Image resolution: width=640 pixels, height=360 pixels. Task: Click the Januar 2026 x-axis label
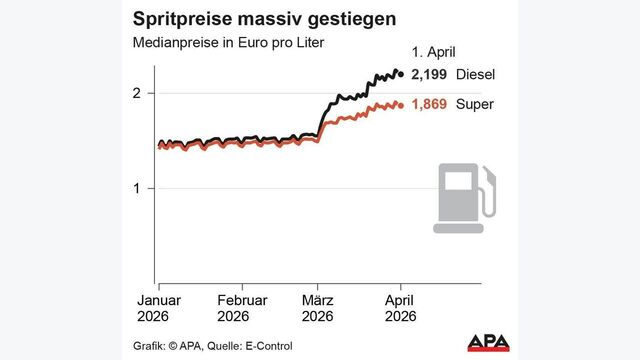click(158, 307)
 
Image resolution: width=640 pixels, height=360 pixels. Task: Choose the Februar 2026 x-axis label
click(243, 307)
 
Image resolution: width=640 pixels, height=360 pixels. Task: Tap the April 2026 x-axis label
click(400, 307)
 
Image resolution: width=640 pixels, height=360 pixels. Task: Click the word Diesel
click(476, 75)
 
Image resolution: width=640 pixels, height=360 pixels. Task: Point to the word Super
click(475, 104)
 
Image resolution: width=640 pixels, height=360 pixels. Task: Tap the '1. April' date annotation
click(434, 52)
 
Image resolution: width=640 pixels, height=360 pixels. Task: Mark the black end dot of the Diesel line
click(401, 72)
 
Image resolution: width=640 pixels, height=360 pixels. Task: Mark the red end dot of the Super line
click(401, 104)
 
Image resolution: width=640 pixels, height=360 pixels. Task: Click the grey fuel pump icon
click(462, 199)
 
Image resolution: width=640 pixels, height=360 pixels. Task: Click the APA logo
click(489, 343)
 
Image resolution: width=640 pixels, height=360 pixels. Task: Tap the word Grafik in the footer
click(150, 346)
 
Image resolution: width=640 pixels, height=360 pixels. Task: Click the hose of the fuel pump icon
click(489, 194)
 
